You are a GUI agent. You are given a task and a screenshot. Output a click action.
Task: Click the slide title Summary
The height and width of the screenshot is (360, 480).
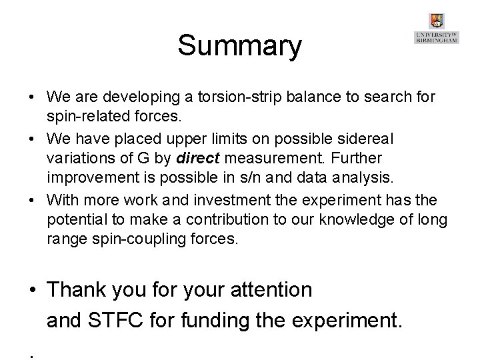[x=240, y=46]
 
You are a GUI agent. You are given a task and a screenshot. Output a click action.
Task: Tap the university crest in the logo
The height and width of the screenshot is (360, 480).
[x=437, y=21]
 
